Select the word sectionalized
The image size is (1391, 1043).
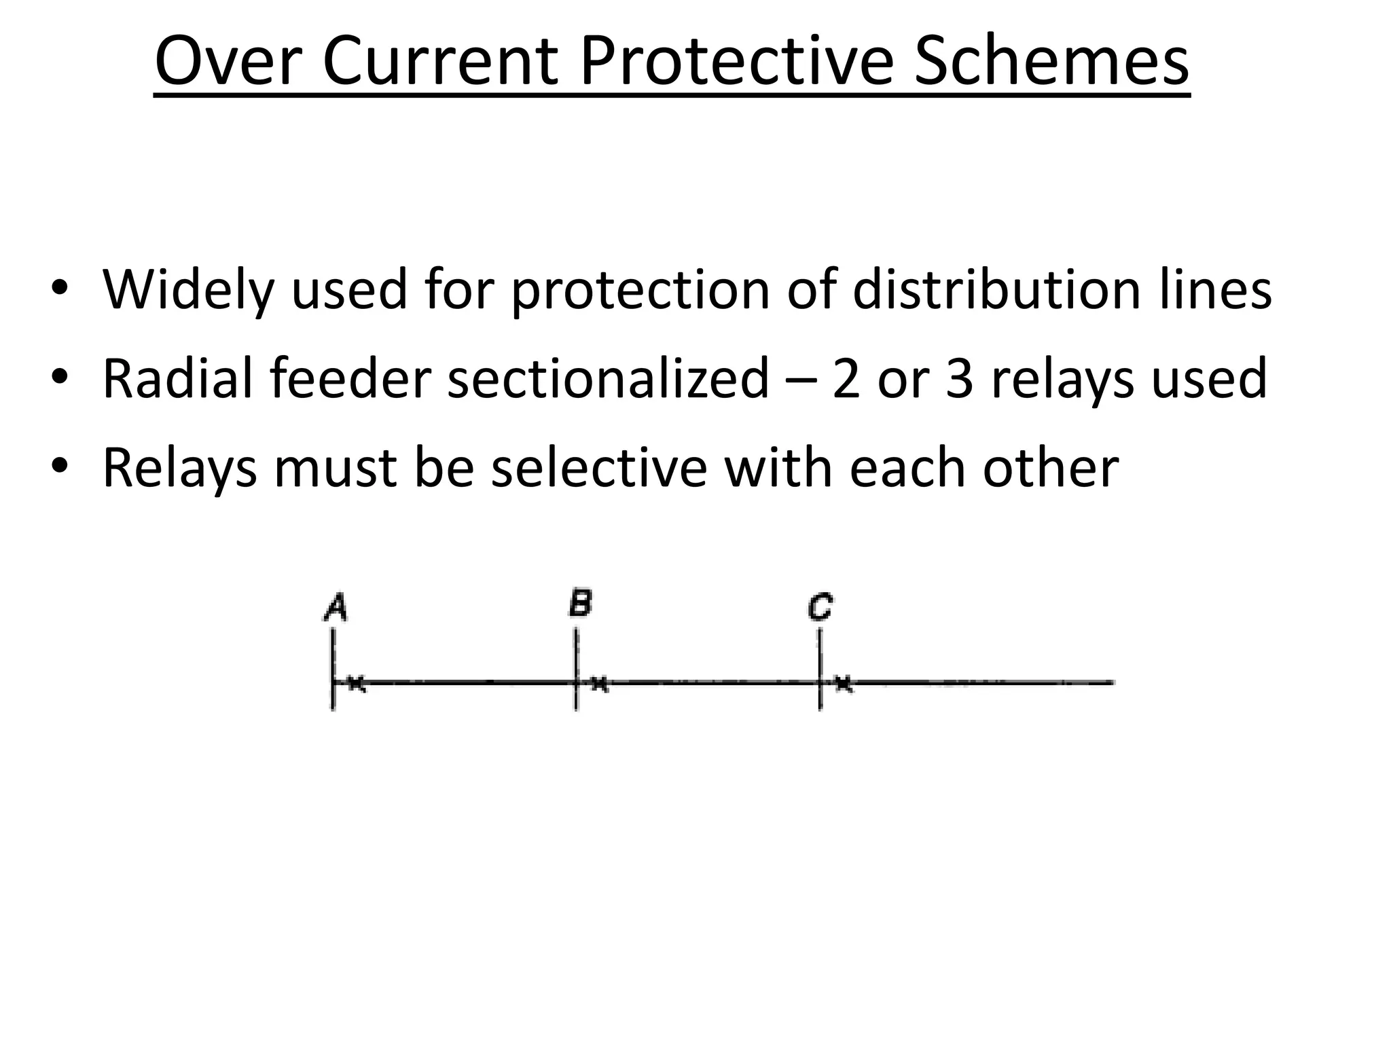pos(609,378)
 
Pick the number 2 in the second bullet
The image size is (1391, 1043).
pos(846,378)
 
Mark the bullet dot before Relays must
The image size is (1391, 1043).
pos(60,466)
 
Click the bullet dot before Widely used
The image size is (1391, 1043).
pos(60,288)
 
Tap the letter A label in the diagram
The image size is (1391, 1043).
pos(336,606)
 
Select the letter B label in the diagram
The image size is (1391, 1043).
pos(581,602)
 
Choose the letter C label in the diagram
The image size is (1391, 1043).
pos(820,606)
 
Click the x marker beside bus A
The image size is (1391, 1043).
pos(357,683)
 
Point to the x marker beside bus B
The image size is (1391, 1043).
pos(599,683)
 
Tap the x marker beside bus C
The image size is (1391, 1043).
pos(843,683)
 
